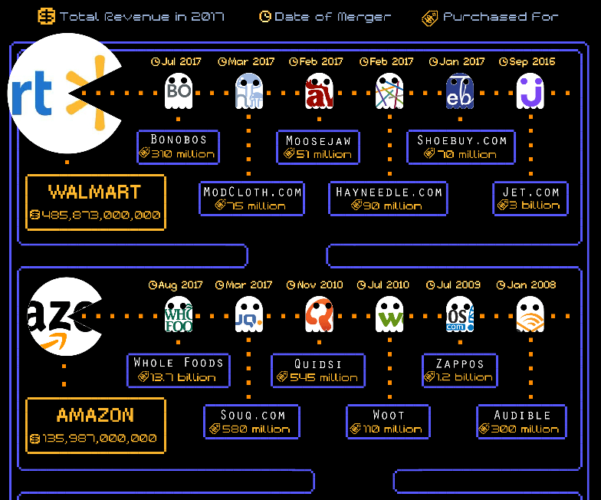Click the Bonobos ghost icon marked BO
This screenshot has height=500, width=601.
click(x=178, y=92)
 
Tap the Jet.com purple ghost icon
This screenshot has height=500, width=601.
click(x=530, y=92)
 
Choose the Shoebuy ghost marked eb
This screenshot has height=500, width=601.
click(x=460, y=92)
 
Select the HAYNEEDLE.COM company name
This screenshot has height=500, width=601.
click(x=389, y=192)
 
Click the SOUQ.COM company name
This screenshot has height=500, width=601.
click(x=253, y=415)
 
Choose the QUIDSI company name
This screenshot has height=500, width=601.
click(x=318, y=363)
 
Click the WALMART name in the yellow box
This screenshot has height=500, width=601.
click(x=95, y=192)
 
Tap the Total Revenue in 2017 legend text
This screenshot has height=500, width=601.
click(x=142, y=16)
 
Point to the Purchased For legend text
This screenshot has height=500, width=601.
click(x=501, y=16)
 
